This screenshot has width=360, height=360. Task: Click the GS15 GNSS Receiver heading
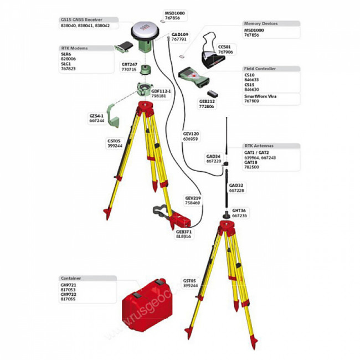point(81,19)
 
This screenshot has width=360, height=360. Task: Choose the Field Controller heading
point(260,69)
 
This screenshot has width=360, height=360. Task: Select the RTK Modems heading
point(74,48)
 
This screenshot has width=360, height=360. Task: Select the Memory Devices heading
point(261,24)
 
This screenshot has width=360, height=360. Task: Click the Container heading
point(70,277)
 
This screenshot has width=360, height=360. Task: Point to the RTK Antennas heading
point(259,145)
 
